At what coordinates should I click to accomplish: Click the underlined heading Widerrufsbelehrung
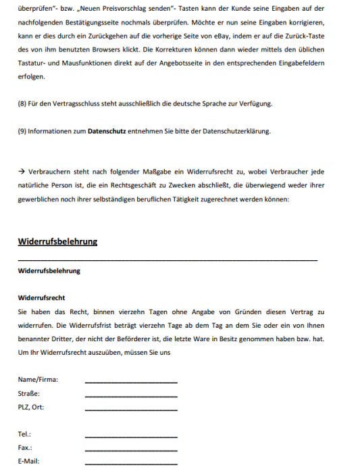[57, 242]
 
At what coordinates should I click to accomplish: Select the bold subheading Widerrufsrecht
[41, 297]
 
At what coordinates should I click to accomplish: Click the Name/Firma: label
[38, 380]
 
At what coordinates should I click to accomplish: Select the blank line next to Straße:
[131, 395]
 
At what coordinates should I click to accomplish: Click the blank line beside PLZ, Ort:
[131, 409]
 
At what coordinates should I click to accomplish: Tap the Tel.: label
[25, 434]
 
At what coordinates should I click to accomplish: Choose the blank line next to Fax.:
[131, 450]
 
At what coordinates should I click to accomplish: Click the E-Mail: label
[28, 462]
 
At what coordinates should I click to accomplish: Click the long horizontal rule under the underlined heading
[168, 260]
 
